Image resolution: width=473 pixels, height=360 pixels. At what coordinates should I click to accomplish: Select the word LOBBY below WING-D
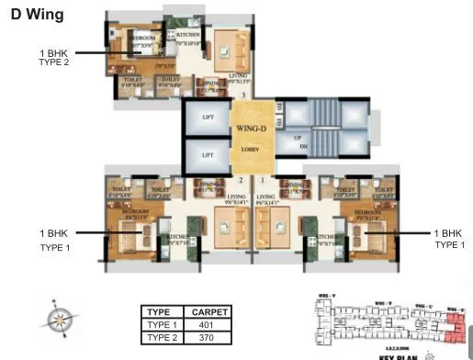(251, 148)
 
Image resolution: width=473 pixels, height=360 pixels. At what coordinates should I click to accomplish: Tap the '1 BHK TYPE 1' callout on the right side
(449, 239)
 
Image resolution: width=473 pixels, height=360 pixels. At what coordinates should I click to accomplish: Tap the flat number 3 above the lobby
(242, 95)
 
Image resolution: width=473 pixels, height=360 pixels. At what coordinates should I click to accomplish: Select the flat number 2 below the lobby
(241, 181)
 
